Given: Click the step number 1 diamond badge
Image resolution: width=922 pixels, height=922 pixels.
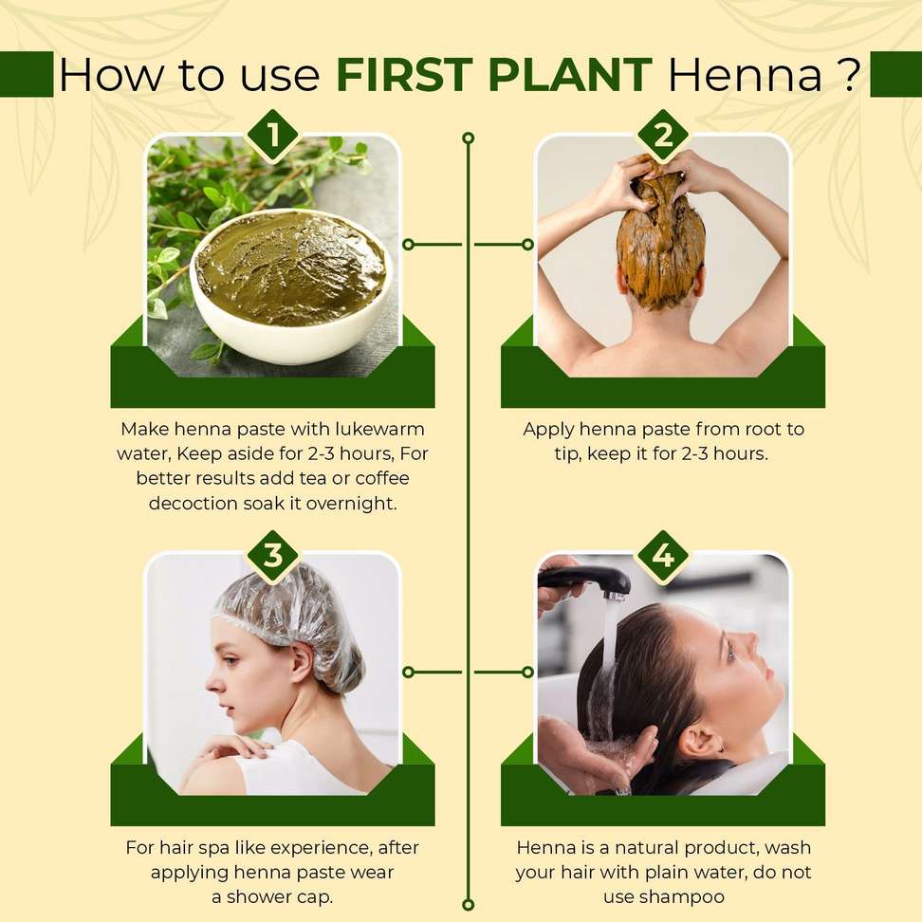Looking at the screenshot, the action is (x=273, y=136).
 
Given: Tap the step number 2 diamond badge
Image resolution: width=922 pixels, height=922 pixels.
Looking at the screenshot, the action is (x=663, y=136).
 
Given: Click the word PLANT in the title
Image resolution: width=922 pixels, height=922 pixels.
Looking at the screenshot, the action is (x=570, y=75).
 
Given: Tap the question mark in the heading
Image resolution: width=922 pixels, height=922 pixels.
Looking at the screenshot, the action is (x=848, y=75).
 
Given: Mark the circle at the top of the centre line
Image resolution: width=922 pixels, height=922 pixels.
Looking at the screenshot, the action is (x=468, y=138).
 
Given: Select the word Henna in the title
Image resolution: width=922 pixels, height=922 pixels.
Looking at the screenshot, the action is (x=746, y=75).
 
